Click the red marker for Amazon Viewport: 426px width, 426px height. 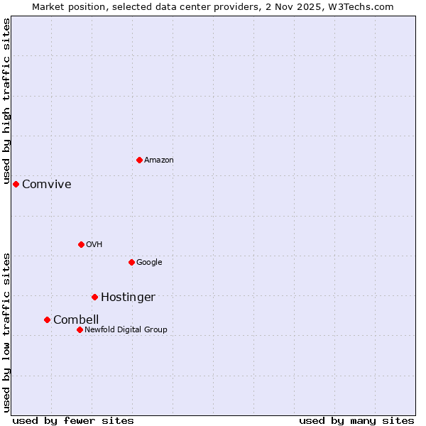139,160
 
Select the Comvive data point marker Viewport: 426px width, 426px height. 16,184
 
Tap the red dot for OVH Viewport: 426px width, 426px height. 81,244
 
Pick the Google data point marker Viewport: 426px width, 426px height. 131,262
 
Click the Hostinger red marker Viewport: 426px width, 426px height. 94,297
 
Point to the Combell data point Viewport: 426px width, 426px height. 47,319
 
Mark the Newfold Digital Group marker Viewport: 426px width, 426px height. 80,329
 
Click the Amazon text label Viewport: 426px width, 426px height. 158,160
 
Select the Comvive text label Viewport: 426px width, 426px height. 46,185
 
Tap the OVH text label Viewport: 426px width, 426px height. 94,244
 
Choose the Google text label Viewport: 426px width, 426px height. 149,262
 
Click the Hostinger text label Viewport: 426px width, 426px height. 128,297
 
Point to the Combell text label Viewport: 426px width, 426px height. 76,319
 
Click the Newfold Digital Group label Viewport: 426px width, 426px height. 126,329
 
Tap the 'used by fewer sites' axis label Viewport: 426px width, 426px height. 73,420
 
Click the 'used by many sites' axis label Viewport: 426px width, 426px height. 356,420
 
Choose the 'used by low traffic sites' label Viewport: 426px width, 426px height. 6,332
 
